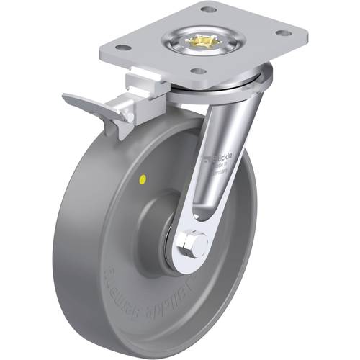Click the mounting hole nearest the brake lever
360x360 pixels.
[x=123, y=48]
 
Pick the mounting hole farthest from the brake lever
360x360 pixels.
[x=284, y=33]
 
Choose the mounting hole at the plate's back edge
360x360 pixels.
[x=208, y=9]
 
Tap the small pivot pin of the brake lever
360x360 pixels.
[x=130, y=115]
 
